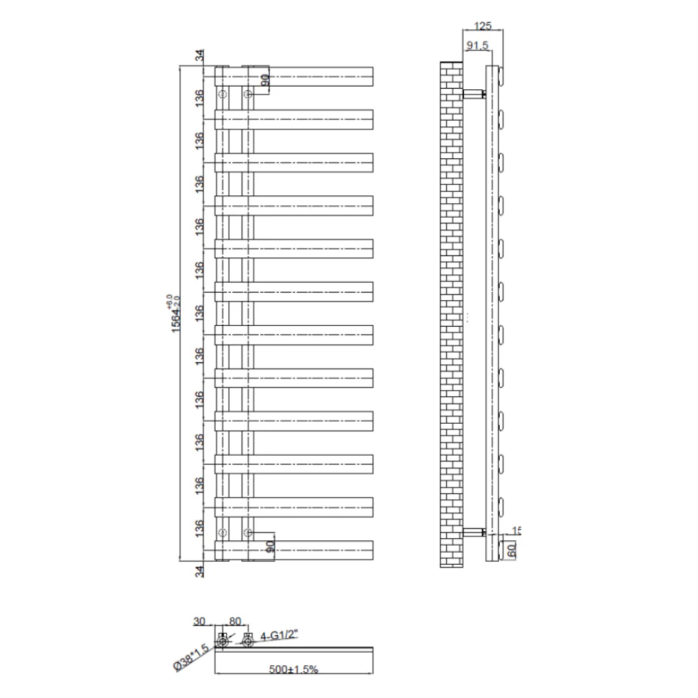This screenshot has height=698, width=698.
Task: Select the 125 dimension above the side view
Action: [482, 26]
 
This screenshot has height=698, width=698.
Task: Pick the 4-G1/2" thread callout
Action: [279, 635]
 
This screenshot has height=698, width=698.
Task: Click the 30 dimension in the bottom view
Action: [200, 621]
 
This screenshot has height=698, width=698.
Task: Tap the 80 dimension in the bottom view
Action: [234, 621]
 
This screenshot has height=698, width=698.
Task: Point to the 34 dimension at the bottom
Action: [200, 572]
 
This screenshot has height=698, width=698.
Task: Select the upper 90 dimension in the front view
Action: [265, 80]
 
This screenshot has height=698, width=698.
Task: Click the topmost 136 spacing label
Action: [200, 97]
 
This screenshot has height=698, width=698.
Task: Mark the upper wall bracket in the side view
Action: [475, 93]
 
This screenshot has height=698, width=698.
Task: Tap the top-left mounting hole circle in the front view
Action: [222, 94]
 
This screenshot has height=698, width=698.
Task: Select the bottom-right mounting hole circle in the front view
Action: [247, 533]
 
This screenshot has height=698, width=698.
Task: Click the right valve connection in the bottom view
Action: [247, 640]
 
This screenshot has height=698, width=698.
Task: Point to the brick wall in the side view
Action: [452, 314]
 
